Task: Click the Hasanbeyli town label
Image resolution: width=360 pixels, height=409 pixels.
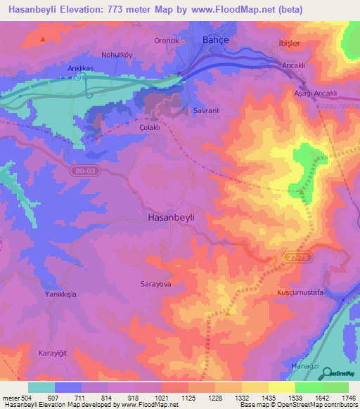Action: (x=171, y=218)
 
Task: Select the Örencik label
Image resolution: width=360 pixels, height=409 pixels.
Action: (x=167, y=41)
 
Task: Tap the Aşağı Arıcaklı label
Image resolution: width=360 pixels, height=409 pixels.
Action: (x=315, y=93)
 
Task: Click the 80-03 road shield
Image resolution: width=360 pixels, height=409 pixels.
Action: (x=83, y=170)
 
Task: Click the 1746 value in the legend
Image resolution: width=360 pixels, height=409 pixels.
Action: (x=347, y=398)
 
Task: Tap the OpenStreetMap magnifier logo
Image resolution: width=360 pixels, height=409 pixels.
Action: (x=327, y=372)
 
